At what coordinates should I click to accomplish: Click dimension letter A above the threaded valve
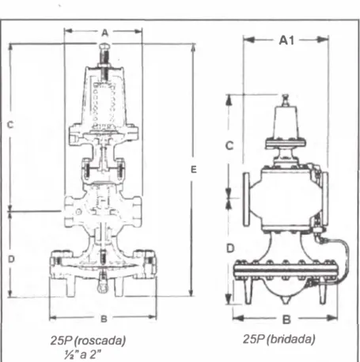(x=105, y=33)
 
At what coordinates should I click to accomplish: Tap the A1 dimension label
(x=286, y=40)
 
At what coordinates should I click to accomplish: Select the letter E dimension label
(x=194, y=169)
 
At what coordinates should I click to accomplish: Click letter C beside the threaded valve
(x=10, y=124)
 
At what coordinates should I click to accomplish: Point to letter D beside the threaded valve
(x=11, y=259)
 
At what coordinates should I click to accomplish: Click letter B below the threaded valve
(x=104, y=319)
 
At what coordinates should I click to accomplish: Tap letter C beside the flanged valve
(x=229, y=145)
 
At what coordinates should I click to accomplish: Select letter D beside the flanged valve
(x=230, y=248)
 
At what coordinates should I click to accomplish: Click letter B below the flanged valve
(x=286, y=320)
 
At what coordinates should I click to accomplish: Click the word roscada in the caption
(x=100, y=341)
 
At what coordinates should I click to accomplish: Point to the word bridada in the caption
(x=291, y=339)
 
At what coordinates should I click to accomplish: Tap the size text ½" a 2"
(x=82, y=355)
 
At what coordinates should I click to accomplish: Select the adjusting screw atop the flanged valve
(x=285, y=100)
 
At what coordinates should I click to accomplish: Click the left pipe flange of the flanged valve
(x=246, y=199)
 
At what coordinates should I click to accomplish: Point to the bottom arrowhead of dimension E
(x=192, y=292)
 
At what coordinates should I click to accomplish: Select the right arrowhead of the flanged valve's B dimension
(x=332, y=318)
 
